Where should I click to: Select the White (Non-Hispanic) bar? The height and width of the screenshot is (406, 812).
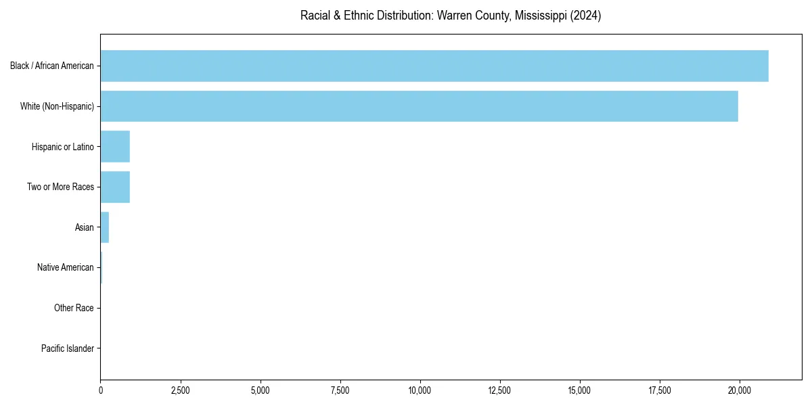coord(420,106)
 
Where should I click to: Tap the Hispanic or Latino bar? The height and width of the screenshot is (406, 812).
coord(115,147)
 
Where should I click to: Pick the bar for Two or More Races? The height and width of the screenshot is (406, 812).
coord(115,187)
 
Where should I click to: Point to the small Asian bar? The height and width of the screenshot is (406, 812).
coord(105,227)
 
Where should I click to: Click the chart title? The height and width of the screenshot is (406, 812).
coord(451,16)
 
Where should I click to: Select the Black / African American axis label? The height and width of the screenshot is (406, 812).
coord(52,66)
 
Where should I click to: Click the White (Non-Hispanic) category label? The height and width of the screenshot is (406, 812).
coord(57,106)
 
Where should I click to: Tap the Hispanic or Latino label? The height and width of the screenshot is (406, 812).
coord(63,147)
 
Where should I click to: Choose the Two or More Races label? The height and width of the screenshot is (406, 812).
coord(61,187)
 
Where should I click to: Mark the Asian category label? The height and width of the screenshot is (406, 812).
coord(85,227)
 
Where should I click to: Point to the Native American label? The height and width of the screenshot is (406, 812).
coord(66,267)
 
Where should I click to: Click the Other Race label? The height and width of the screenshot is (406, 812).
coord(74,308)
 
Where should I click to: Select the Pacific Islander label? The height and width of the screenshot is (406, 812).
coord(68,348)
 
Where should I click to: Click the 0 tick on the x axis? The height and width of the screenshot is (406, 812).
coord(101,390)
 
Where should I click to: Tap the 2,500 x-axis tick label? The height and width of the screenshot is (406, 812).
coord(180,390)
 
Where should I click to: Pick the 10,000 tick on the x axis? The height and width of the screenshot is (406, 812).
coord(420,390)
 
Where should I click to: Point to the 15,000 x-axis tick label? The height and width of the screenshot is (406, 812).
coord(580,390)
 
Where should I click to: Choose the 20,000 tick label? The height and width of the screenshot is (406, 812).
coord(740,390)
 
